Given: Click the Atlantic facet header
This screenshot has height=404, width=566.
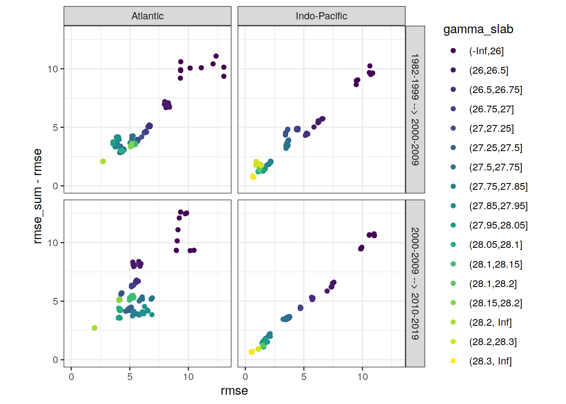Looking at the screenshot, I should (x=147, y=16).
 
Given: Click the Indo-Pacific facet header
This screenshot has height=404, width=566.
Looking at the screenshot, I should (x=321, y=16).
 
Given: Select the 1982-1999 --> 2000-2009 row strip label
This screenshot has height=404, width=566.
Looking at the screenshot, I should (x=415, y=109).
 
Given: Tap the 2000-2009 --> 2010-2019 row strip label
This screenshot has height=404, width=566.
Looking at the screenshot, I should (x=415, y=283).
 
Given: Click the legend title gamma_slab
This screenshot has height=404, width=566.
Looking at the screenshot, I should (x=478, y=29).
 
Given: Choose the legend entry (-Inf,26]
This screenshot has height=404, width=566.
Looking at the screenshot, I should (x=486, y=51).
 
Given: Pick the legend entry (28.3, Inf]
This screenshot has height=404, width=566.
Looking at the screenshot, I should (x=490, y=361).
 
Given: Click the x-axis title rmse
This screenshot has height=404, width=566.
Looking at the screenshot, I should (x=234, y=391).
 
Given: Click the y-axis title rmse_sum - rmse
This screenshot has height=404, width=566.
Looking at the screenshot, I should (x=37, y=196).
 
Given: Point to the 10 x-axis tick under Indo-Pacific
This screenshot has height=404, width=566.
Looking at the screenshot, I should (x=362, y=377).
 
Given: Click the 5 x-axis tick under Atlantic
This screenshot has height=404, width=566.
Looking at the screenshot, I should (x=130, y=377).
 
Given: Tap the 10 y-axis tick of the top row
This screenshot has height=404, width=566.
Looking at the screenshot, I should (x=53, y=69).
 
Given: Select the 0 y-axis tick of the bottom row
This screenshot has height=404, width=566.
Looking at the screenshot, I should (x=55, y=360).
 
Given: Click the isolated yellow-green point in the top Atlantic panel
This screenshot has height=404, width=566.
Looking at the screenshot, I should (x=103, y=161).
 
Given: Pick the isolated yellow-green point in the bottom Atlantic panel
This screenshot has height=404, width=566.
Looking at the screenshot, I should (x=94, y=328).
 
